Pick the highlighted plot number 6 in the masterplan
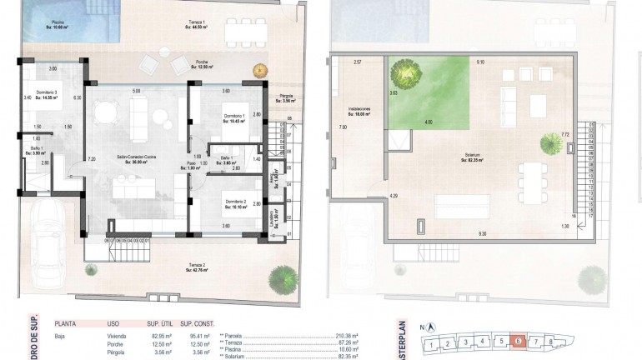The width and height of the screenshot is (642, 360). (x=518, y=341)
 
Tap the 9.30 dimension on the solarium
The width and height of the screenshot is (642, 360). (x=482, y=234)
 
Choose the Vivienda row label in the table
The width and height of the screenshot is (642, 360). (x=117, y=335)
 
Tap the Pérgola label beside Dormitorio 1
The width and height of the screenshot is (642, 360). (x=287, y=98)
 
